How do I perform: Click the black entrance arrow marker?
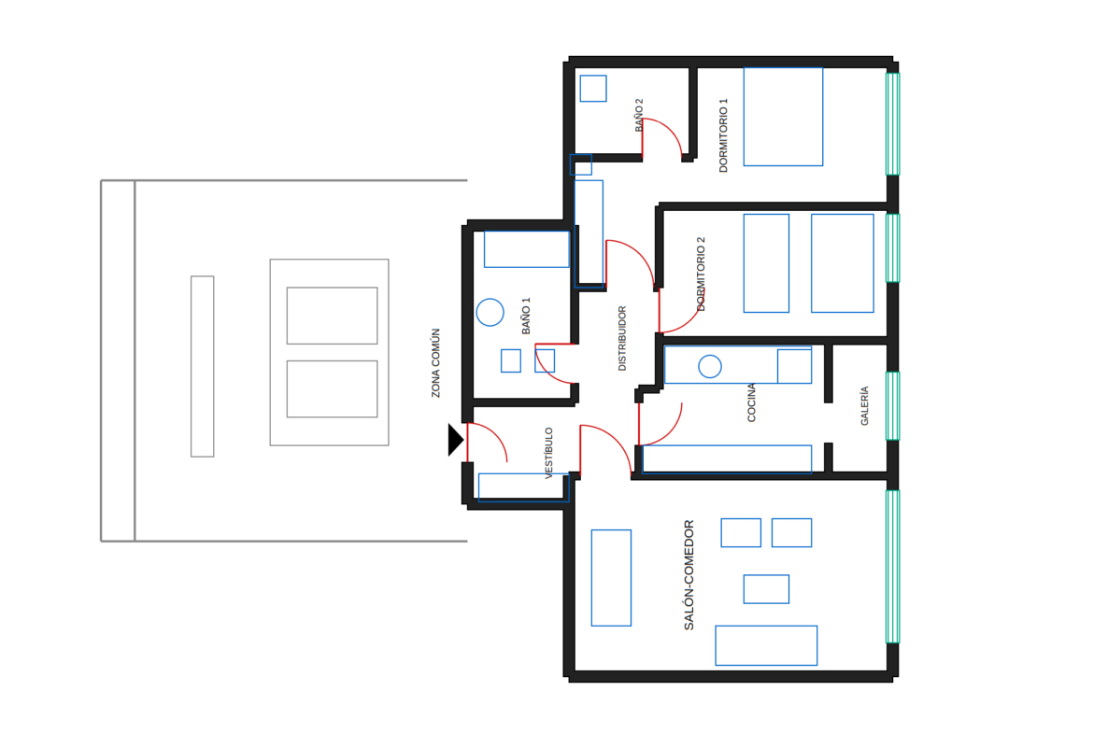point(455,440)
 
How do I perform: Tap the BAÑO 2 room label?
point(638,115)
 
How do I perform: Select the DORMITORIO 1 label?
point(723,135)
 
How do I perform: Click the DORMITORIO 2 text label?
point(701,274)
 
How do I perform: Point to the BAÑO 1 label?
point(526,316)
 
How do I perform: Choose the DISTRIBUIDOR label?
point(622,339)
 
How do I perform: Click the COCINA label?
point(751,402)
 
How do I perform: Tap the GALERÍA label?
point(864,405)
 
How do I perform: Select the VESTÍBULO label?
point(548,453)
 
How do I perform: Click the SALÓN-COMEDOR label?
point(688,575)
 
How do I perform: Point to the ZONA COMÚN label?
point(435,363)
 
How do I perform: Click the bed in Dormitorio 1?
point(783,117)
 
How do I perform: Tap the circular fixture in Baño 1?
point(490,312)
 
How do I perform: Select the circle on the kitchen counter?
point(710,366)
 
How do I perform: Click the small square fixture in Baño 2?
point(593,89)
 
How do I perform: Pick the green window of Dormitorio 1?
point(892,124)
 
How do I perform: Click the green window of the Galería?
point(892,406)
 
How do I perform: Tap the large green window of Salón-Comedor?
point(892,567)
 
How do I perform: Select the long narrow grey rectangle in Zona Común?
point(202,366)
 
